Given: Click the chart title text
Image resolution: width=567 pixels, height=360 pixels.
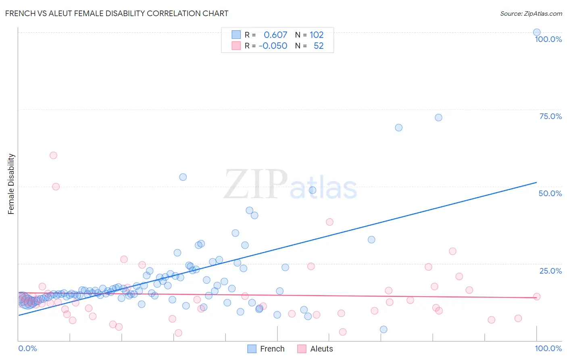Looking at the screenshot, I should click(x=117, y=13).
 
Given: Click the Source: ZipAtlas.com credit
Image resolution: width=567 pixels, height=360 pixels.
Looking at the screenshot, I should click(x=531, y=13).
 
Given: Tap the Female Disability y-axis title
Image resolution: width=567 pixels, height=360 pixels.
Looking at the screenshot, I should click(x=11, y=184).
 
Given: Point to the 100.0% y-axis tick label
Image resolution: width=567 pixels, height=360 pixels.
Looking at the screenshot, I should click(x=548, y=39).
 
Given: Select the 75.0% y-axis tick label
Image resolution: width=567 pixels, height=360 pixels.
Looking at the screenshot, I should click(x=550, y=116).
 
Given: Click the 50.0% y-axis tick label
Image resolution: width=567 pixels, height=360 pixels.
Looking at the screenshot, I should click(x=550, y=193).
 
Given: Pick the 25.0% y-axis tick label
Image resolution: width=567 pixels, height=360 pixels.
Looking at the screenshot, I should click(x=550, y=271).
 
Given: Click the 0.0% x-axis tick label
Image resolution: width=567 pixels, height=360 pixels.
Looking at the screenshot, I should click(x=27, y=348).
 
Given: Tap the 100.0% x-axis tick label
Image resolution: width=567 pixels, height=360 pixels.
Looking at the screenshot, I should click(x=548, y=348).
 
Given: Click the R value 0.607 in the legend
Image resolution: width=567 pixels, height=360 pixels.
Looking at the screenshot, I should click(x=275, y=35).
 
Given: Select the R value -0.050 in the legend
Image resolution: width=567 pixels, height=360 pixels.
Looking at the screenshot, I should click(x=273, y=46).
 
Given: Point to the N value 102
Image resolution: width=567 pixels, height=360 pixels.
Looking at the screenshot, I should click(x=317, y=35).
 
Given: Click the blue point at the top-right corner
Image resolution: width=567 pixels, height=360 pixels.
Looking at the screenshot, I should click(x=537, y=32).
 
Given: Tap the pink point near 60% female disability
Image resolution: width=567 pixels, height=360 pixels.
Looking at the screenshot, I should click(x=53, y=155).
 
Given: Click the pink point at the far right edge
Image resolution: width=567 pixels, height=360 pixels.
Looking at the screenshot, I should click(x=537, y=297).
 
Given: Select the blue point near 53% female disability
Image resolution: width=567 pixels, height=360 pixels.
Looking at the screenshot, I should click(x=183, y=177).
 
